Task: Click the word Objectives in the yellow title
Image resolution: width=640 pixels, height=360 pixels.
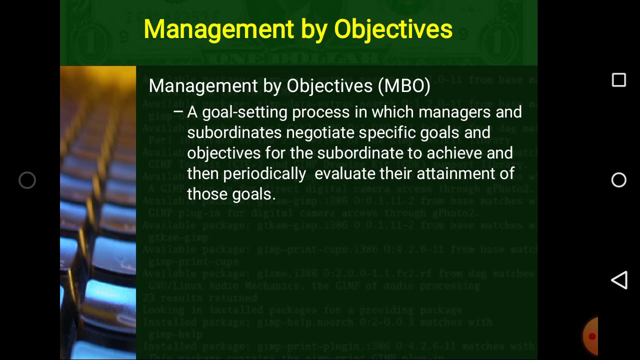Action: pos(393,29)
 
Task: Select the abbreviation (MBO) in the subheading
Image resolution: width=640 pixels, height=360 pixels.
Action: pos(404,86)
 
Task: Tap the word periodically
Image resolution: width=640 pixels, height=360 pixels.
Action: pos(264,173)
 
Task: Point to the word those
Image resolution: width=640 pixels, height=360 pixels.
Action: pos(207,194)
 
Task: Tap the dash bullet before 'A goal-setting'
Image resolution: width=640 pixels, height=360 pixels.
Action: pos(178,112)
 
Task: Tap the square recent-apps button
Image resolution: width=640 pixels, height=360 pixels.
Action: pos(619,80)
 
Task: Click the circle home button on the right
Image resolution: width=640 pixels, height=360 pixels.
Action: pos(619,180)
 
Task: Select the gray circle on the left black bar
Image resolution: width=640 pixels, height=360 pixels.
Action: pos(27,180)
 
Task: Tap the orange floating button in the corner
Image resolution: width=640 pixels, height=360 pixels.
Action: pos(591,336)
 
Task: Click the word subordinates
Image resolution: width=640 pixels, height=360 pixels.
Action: pos(234,133)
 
